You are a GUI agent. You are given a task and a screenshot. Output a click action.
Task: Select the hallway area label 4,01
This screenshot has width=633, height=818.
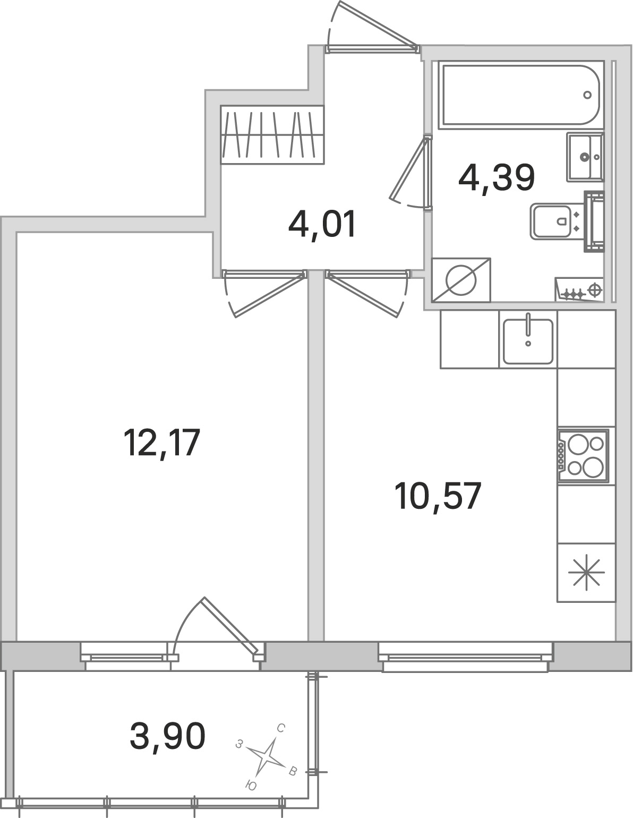(x=321, y=225)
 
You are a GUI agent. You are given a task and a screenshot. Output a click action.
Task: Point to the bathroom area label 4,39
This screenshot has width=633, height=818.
(x=496, y=178)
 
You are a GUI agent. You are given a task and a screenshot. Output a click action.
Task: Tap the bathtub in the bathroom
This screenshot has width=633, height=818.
(x=520, y=95)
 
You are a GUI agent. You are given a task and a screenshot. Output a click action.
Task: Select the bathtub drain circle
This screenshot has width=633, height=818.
(x=587, y=95)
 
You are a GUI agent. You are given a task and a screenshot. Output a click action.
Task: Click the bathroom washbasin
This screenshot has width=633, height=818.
(x=584, y=157)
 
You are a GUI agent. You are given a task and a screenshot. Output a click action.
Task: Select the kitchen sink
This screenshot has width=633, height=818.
(x=528, y=340)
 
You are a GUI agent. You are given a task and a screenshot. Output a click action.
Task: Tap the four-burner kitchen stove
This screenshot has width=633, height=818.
(x=583, y=454)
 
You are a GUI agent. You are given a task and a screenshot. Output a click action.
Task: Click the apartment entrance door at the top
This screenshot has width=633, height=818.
(x=372, y=32)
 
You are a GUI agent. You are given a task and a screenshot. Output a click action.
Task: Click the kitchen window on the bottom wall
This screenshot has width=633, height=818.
(x=466, y=658)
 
